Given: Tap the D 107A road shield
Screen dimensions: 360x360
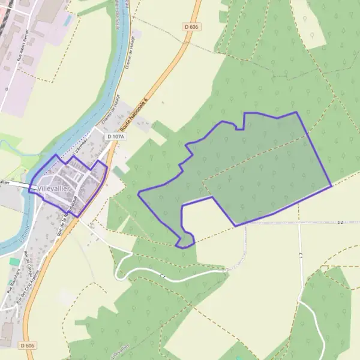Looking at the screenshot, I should (x=115, y=137).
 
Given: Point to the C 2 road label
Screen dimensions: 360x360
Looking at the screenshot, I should (x=341, y=222).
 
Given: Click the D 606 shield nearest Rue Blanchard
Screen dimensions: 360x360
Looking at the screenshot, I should (x=25, y=346).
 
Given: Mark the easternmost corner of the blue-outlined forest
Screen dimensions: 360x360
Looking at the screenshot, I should (x=331, y=185).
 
